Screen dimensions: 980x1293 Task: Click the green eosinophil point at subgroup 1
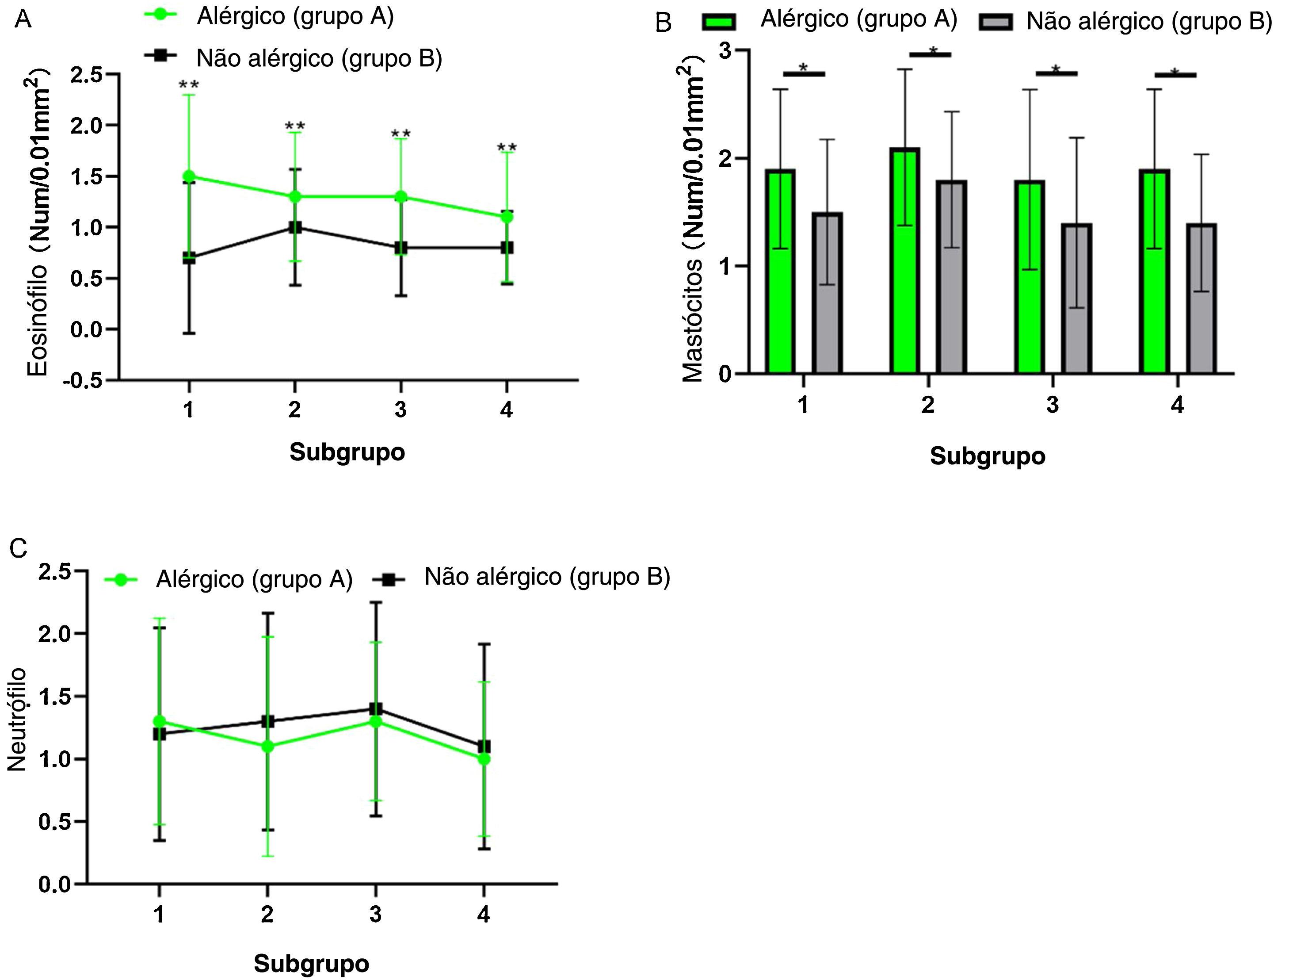pyautogui.click(x=189, y=176)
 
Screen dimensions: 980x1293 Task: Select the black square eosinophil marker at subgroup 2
pyautogui.click(x=295, y=227)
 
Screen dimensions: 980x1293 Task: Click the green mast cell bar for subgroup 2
pyautogui.click(x=905, y=260)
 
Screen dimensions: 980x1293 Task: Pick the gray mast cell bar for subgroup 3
pyautogui.click(x=1076, y=298)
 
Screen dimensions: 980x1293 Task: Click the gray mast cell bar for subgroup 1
pyautogui.click(x=827, y=293)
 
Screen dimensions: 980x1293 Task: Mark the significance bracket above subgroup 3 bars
pyautogui.click(x=1056, y=73)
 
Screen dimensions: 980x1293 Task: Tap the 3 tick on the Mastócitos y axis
pyautogui.click(x=725, y=50)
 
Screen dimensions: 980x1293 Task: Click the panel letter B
pyautogui.click(x=664, y=23)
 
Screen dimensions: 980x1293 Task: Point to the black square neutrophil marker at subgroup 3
pyautogui.click(x=375, y=709)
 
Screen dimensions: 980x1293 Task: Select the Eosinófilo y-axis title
pyautogui.click(x=38, y=222)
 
